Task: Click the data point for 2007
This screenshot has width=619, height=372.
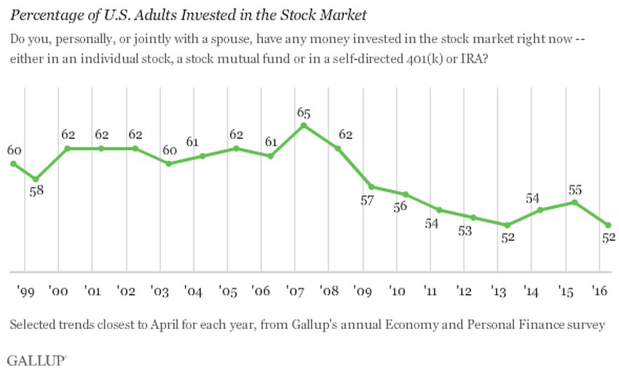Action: tap(304, 125)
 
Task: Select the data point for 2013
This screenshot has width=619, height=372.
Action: tap(508, 225)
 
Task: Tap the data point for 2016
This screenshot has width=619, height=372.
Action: tap(608, 225)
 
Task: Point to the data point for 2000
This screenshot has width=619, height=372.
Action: tap(67, 149)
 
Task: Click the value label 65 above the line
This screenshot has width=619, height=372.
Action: tap(305, 113)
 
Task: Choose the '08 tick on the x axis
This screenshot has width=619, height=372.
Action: tap(330, 293)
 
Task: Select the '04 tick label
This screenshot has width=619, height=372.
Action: tap(193, 293)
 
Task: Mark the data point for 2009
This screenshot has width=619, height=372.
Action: tap(371, 186)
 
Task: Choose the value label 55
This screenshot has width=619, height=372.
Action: tap(575, 189)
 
